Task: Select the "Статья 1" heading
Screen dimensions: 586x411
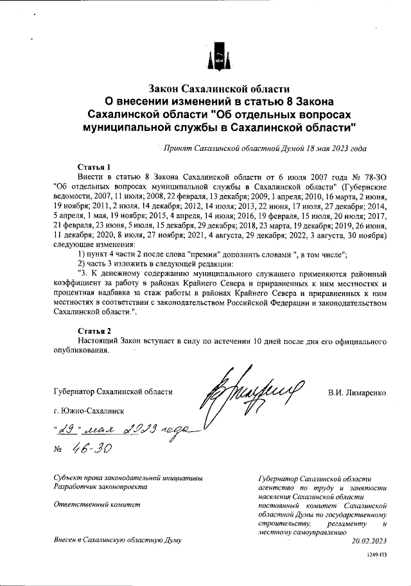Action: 94,165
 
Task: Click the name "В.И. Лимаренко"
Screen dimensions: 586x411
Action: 356,392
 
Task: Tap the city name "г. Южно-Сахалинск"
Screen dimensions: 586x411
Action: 89,411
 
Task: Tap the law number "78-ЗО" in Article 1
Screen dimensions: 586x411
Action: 373,175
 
